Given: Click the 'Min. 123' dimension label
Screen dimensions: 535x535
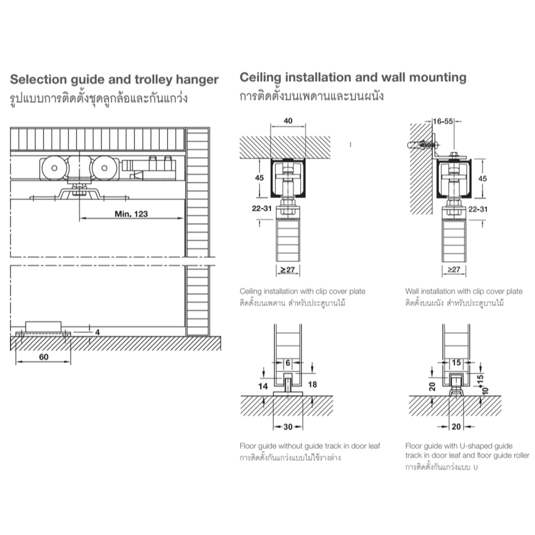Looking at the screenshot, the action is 131,214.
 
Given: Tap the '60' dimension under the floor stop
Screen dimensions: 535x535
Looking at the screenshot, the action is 44,357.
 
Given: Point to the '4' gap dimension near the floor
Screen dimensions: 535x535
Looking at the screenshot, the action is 97,332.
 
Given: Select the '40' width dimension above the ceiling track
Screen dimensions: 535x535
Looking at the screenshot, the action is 288,121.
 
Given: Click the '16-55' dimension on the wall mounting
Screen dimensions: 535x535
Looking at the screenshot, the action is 443,121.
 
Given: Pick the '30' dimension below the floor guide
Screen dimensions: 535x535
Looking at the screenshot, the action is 288,427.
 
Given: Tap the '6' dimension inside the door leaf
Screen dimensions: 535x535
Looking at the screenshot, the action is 288,363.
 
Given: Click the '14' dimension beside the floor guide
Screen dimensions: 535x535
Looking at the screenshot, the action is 263,386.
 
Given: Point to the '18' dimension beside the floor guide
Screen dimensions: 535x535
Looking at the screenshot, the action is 312,385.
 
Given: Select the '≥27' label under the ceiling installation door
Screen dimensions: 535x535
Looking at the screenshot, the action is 287,270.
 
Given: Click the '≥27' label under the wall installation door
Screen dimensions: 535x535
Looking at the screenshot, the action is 454,269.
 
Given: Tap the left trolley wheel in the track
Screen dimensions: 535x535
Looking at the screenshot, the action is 54,168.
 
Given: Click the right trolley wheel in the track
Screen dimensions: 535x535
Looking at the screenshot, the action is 105,168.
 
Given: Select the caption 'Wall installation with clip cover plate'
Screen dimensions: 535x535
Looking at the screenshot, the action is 464,292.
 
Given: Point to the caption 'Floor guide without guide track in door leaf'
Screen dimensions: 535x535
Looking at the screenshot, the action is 310,446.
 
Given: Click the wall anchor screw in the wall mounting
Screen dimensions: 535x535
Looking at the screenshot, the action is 422,145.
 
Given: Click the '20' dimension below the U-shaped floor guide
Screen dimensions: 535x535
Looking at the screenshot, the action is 456,427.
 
